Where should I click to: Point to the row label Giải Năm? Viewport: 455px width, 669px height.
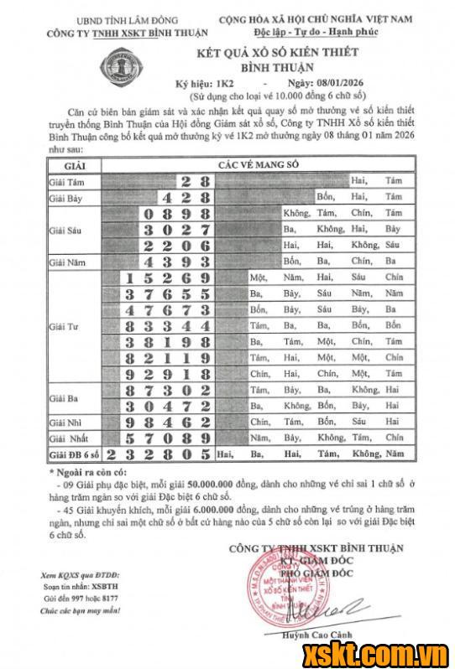coord(67,262)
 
